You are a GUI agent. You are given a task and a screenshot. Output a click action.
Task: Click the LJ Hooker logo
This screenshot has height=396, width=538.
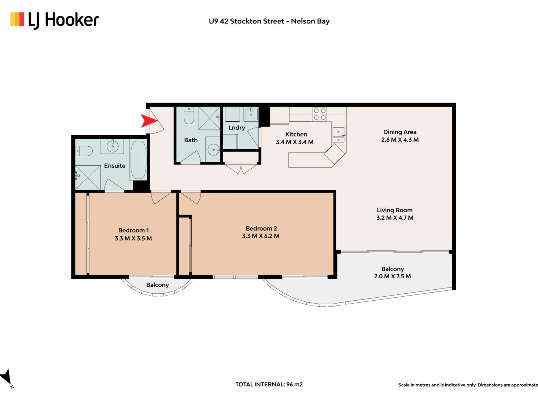pyautogui.click(x=54, y=20)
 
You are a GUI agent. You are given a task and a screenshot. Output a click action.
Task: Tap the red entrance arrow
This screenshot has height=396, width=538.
pyautogui.click(x=148, y=121)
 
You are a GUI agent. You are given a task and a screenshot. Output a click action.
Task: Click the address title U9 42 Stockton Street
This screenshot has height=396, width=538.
pyautogui.click(x=269, y=21)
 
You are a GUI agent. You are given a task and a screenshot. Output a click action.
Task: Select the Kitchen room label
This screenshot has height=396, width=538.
pyautogui.click(x=296, y=134)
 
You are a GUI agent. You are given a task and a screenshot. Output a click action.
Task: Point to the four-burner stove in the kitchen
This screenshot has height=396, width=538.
pyautogui.click(x=320, y=114)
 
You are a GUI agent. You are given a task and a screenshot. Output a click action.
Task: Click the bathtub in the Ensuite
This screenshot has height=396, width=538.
pyautogui.click(x=139, y=159)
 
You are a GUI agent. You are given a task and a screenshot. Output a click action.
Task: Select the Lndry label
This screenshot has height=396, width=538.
pyautogui.click(x=236, y=128)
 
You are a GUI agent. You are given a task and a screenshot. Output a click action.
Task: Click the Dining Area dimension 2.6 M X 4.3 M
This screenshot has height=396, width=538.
pyautogui.click(x=399, y=140)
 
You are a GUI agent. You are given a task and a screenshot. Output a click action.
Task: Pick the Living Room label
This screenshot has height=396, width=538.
pyautogui.click(x=394, y=210)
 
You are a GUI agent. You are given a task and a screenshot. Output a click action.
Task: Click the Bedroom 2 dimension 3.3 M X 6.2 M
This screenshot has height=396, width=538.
pyautogui.click(x=260, y=236)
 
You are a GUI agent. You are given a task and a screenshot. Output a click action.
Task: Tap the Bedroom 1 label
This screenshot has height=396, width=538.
pyautogui.click(x=133, y=230)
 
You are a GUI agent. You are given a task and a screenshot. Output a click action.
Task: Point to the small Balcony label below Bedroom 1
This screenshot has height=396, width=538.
pyautogui.click(x=157, y=285)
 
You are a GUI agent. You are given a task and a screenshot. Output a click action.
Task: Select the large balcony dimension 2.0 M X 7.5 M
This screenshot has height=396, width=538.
pyautogui.click(x=392, y=276)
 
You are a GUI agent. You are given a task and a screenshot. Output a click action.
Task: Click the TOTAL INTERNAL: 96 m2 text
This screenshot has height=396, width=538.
pyautogui.click(x=269, y=384)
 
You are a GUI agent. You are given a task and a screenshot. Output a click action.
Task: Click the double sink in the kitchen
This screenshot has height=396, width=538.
pyautogui.click(x=338, y=135)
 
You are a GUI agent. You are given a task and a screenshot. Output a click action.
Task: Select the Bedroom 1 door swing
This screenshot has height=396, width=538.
pyautogui.click(x=161, y=197)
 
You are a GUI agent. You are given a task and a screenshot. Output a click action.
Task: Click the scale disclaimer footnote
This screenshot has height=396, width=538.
pyautogui.click(x=468, y=385)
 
